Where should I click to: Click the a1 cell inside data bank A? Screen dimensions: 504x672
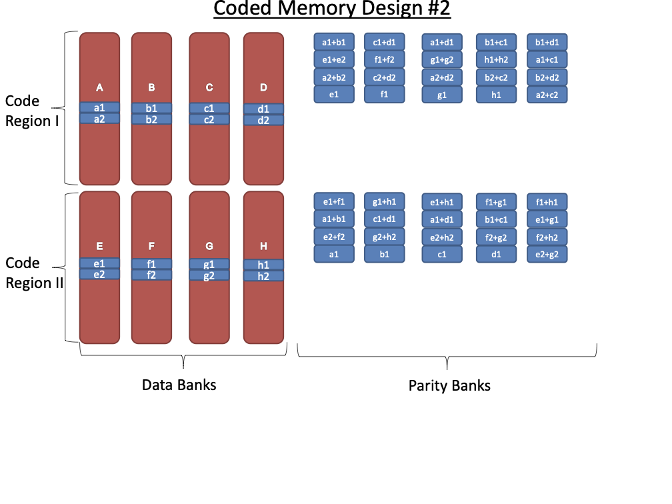point(99,107)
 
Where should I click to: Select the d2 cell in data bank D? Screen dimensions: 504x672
point(263,121)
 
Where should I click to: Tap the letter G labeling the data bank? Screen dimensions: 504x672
point(209,247)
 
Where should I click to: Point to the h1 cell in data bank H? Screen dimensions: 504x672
point(263,265)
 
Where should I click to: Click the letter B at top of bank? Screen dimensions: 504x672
point(151,87)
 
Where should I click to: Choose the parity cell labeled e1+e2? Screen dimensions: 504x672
point(334,60)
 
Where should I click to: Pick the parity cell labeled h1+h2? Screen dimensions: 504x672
point(496,60)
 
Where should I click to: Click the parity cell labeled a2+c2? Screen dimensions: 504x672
point(547,95)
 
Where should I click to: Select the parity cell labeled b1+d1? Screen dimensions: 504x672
point(547,43)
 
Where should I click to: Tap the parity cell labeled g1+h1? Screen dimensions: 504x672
point(384,201)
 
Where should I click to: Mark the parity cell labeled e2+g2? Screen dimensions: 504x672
point(547,253)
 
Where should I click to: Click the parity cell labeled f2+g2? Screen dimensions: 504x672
point(496,236)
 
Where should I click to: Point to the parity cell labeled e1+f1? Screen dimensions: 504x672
point(334,201)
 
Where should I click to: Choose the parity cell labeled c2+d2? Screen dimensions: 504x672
point(384,77)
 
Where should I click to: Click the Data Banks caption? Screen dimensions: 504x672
point(179,385)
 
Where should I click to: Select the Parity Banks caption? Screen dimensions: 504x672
point(449,386)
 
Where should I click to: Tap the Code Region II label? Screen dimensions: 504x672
point(33,273)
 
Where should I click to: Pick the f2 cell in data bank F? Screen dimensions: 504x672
point(151,275)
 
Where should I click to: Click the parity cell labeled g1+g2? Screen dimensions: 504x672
point(442,60)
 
